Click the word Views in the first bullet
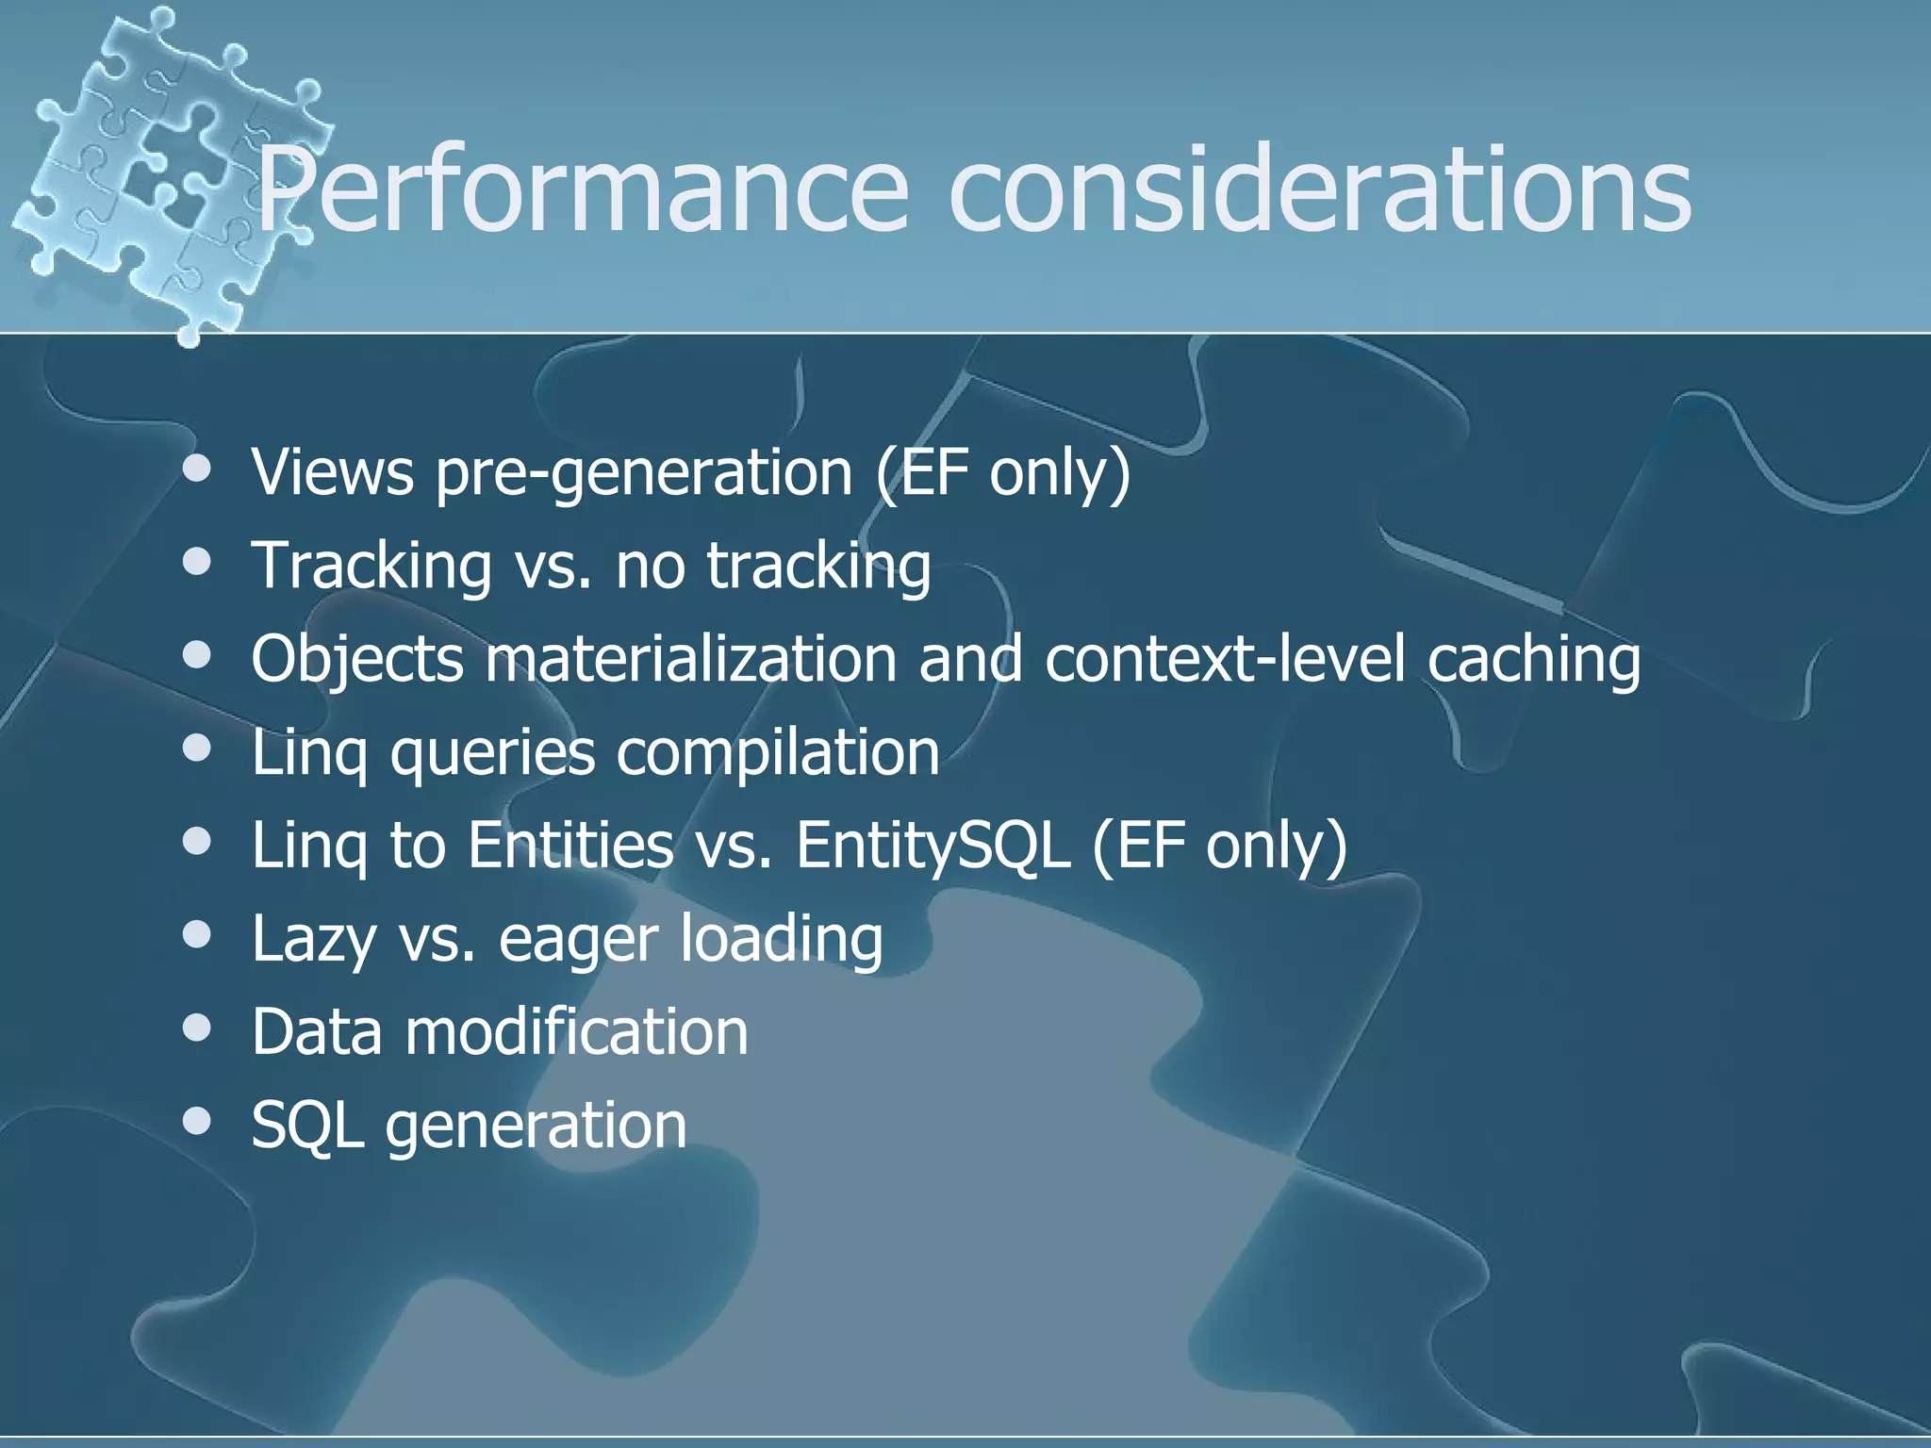(332, 471)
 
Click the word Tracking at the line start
(371, 566)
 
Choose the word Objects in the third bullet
(357, 659)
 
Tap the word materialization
(691, 659)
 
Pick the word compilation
(777, 751)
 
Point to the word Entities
(570, 844)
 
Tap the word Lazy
(313, 940)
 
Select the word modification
(576, 1030)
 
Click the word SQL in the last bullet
(307, 1125)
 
